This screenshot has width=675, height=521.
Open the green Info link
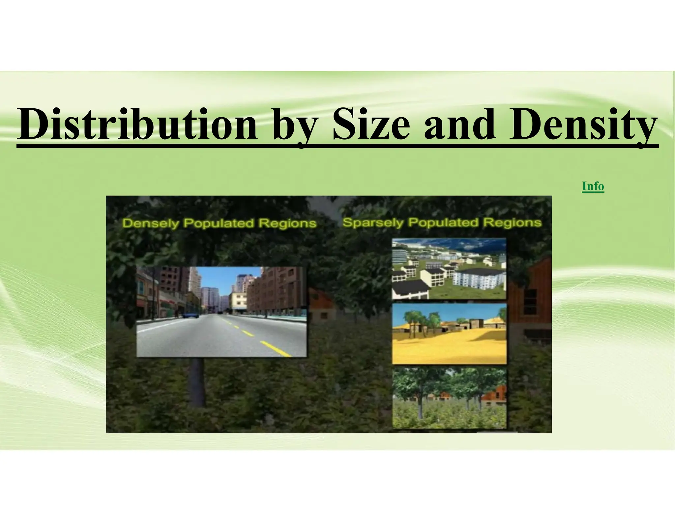(593, 186)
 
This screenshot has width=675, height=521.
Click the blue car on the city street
(190, 315)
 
